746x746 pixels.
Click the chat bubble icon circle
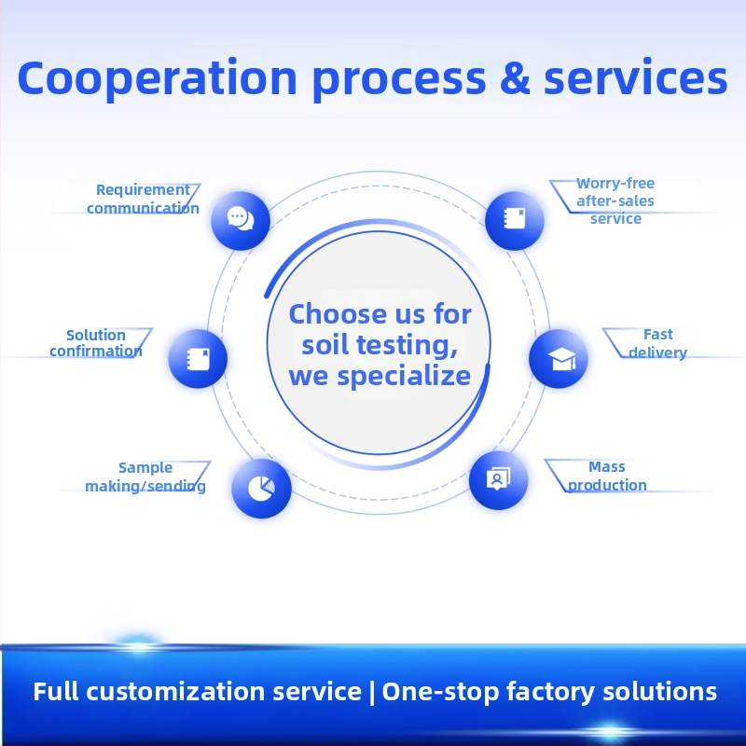point(241,220)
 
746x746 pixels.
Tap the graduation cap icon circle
point(558,358)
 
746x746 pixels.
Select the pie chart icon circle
point(261,488)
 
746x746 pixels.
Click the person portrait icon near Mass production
point(498,479)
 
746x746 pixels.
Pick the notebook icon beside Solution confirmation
point(198,358)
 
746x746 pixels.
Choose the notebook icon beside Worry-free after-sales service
point(515,220)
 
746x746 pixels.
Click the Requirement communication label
point(143,199)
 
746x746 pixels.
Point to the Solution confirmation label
point(96,343)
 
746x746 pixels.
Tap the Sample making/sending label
point(145,477)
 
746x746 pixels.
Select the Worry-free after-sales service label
point(615,200)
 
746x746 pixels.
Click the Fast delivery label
point(658,343)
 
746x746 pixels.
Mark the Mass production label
point(607,476)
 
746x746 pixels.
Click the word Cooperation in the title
point(158,79)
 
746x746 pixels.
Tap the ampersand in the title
point(516,77)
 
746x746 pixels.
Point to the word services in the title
point(636,77)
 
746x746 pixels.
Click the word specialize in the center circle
point(404,378)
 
